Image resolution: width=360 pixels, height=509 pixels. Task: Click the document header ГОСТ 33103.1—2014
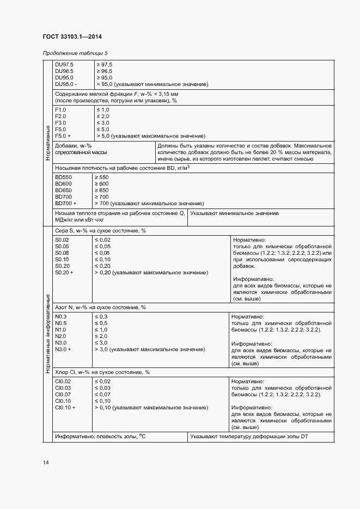coord(72,37)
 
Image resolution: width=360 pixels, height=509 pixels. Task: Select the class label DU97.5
coord(64,65)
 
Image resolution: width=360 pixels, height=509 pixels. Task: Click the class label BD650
coord(63,190)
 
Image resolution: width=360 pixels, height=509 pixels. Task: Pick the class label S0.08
coord(62,253)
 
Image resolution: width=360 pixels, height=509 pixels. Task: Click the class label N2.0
coord(61,336)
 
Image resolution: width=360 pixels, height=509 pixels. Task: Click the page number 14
coord(46,462)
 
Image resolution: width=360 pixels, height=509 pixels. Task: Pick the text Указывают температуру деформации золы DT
coord(249,437)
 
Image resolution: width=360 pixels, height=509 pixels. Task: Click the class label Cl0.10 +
coord(65,407)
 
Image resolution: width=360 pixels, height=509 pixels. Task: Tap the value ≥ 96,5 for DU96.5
coord(104,71)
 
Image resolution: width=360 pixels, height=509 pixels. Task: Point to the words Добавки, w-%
coord(74,146)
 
